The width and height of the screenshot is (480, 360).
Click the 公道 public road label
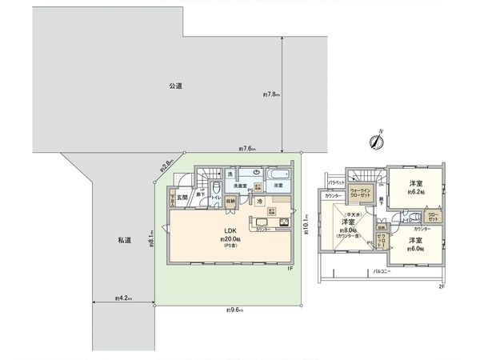174,85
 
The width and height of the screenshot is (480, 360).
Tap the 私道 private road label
123,239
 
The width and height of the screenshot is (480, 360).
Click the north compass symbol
374,142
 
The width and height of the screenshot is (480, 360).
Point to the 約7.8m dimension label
270,94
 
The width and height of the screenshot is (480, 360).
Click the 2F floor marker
441,286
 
